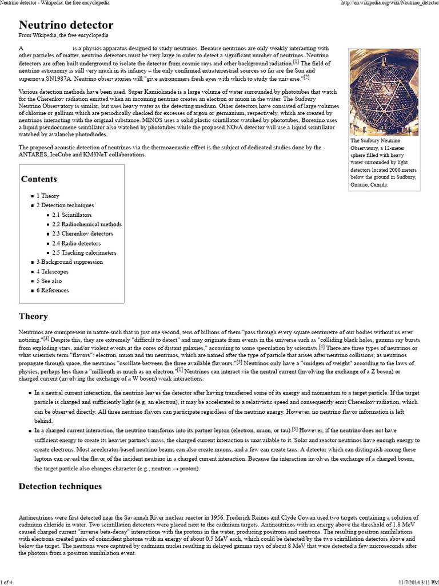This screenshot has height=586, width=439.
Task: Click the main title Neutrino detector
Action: [66, 25]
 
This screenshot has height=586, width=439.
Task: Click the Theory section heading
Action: [33, 316]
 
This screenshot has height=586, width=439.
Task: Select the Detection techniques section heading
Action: [60, 486]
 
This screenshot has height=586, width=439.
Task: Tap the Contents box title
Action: [39, 179]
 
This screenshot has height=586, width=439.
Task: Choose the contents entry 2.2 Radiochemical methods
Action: [87, 224]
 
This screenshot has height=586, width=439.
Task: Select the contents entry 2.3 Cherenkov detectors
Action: [82, 233]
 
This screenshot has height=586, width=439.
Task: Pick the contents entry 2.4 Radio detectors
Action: [76, 243]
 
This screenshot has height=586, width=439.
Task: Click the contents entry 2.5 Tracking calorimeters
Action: [84, 252]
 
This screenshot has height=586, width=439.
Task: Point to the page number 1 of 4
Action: [11, 582]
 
